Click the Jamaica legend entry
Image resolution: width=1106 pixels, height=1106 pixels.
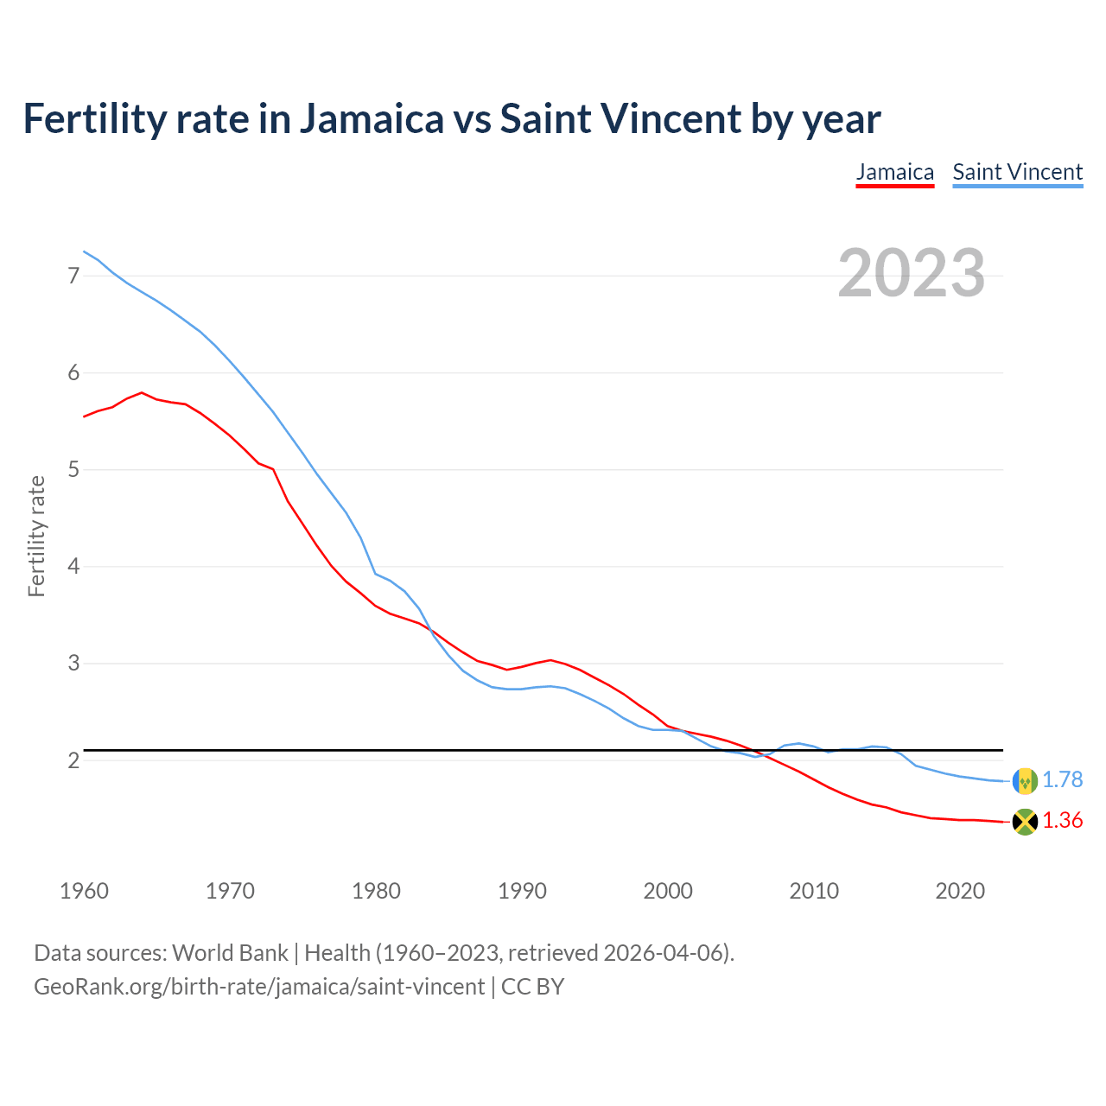tap(894, 172)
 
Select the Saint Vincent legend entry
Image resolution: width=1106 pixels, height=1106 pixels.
tap(1017, 172)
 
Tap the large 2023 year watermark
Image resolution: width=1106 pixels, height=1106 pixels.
tap(911, 273)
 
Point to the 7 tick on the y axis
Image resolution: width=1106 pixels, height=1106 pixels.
tap(73, 276)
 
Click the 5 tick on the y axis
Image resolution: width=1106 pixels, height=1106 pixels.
tap(73, 470)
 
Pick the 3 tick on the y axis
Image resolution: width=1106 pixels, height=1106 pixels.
tap(73, 664)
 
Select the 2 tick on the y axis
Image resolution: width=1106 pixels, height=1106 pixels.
tap(73, 760)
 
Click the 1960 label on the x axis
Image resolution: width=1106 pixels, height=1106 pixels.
tap(84, 891)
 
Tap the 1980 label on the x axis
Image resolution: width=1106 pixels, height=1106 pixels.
tap(376, 891)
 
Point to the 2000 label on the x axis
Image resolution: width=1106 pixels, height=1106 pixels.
tap(668, 891)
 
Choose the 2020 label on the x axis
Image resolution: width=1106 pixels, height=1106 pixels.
tap(960, 891)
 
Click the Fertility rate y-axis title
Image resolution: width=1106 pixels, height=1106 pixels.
tap(36, 536)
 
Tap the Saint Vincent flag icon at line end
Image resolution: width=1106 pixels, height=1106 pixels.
tap(1025, 780)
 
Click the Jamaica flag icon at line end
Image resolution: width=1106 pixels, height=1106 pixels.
tap(1025, 822)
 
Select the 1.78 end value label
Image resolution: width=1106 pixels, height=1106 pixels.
tap(1062, 779)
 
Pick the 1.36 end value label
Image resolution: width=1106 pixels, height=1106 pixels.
tap(1062, 821)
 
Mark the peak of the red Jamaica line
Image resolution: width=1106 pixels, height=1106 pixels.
tap(142, 392)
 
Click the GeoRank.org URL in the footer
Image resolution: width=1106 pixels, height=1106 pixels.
tap(259, 986)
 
